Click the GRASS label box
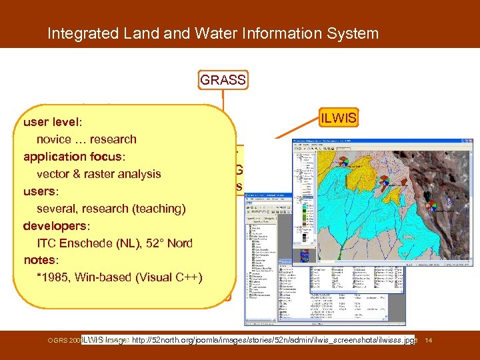pyautogui.click(x=223, y=81)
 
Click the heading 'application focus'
pyautogui.click(x=74, y=157)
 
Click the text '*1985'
pyautogui.click(x=53, y=277)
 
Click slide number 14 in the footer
pyautogui.click(x=429, y=341)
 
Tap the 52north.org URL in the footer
pyautogui.click(x=273, y=341)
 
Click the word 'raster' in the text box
pyautogui.click(x=98, y=174)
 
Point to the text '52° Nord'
pyautogui.click(x=169, y=243)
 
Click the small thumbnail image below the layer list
pyautogui.click(x=304, y=255)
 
